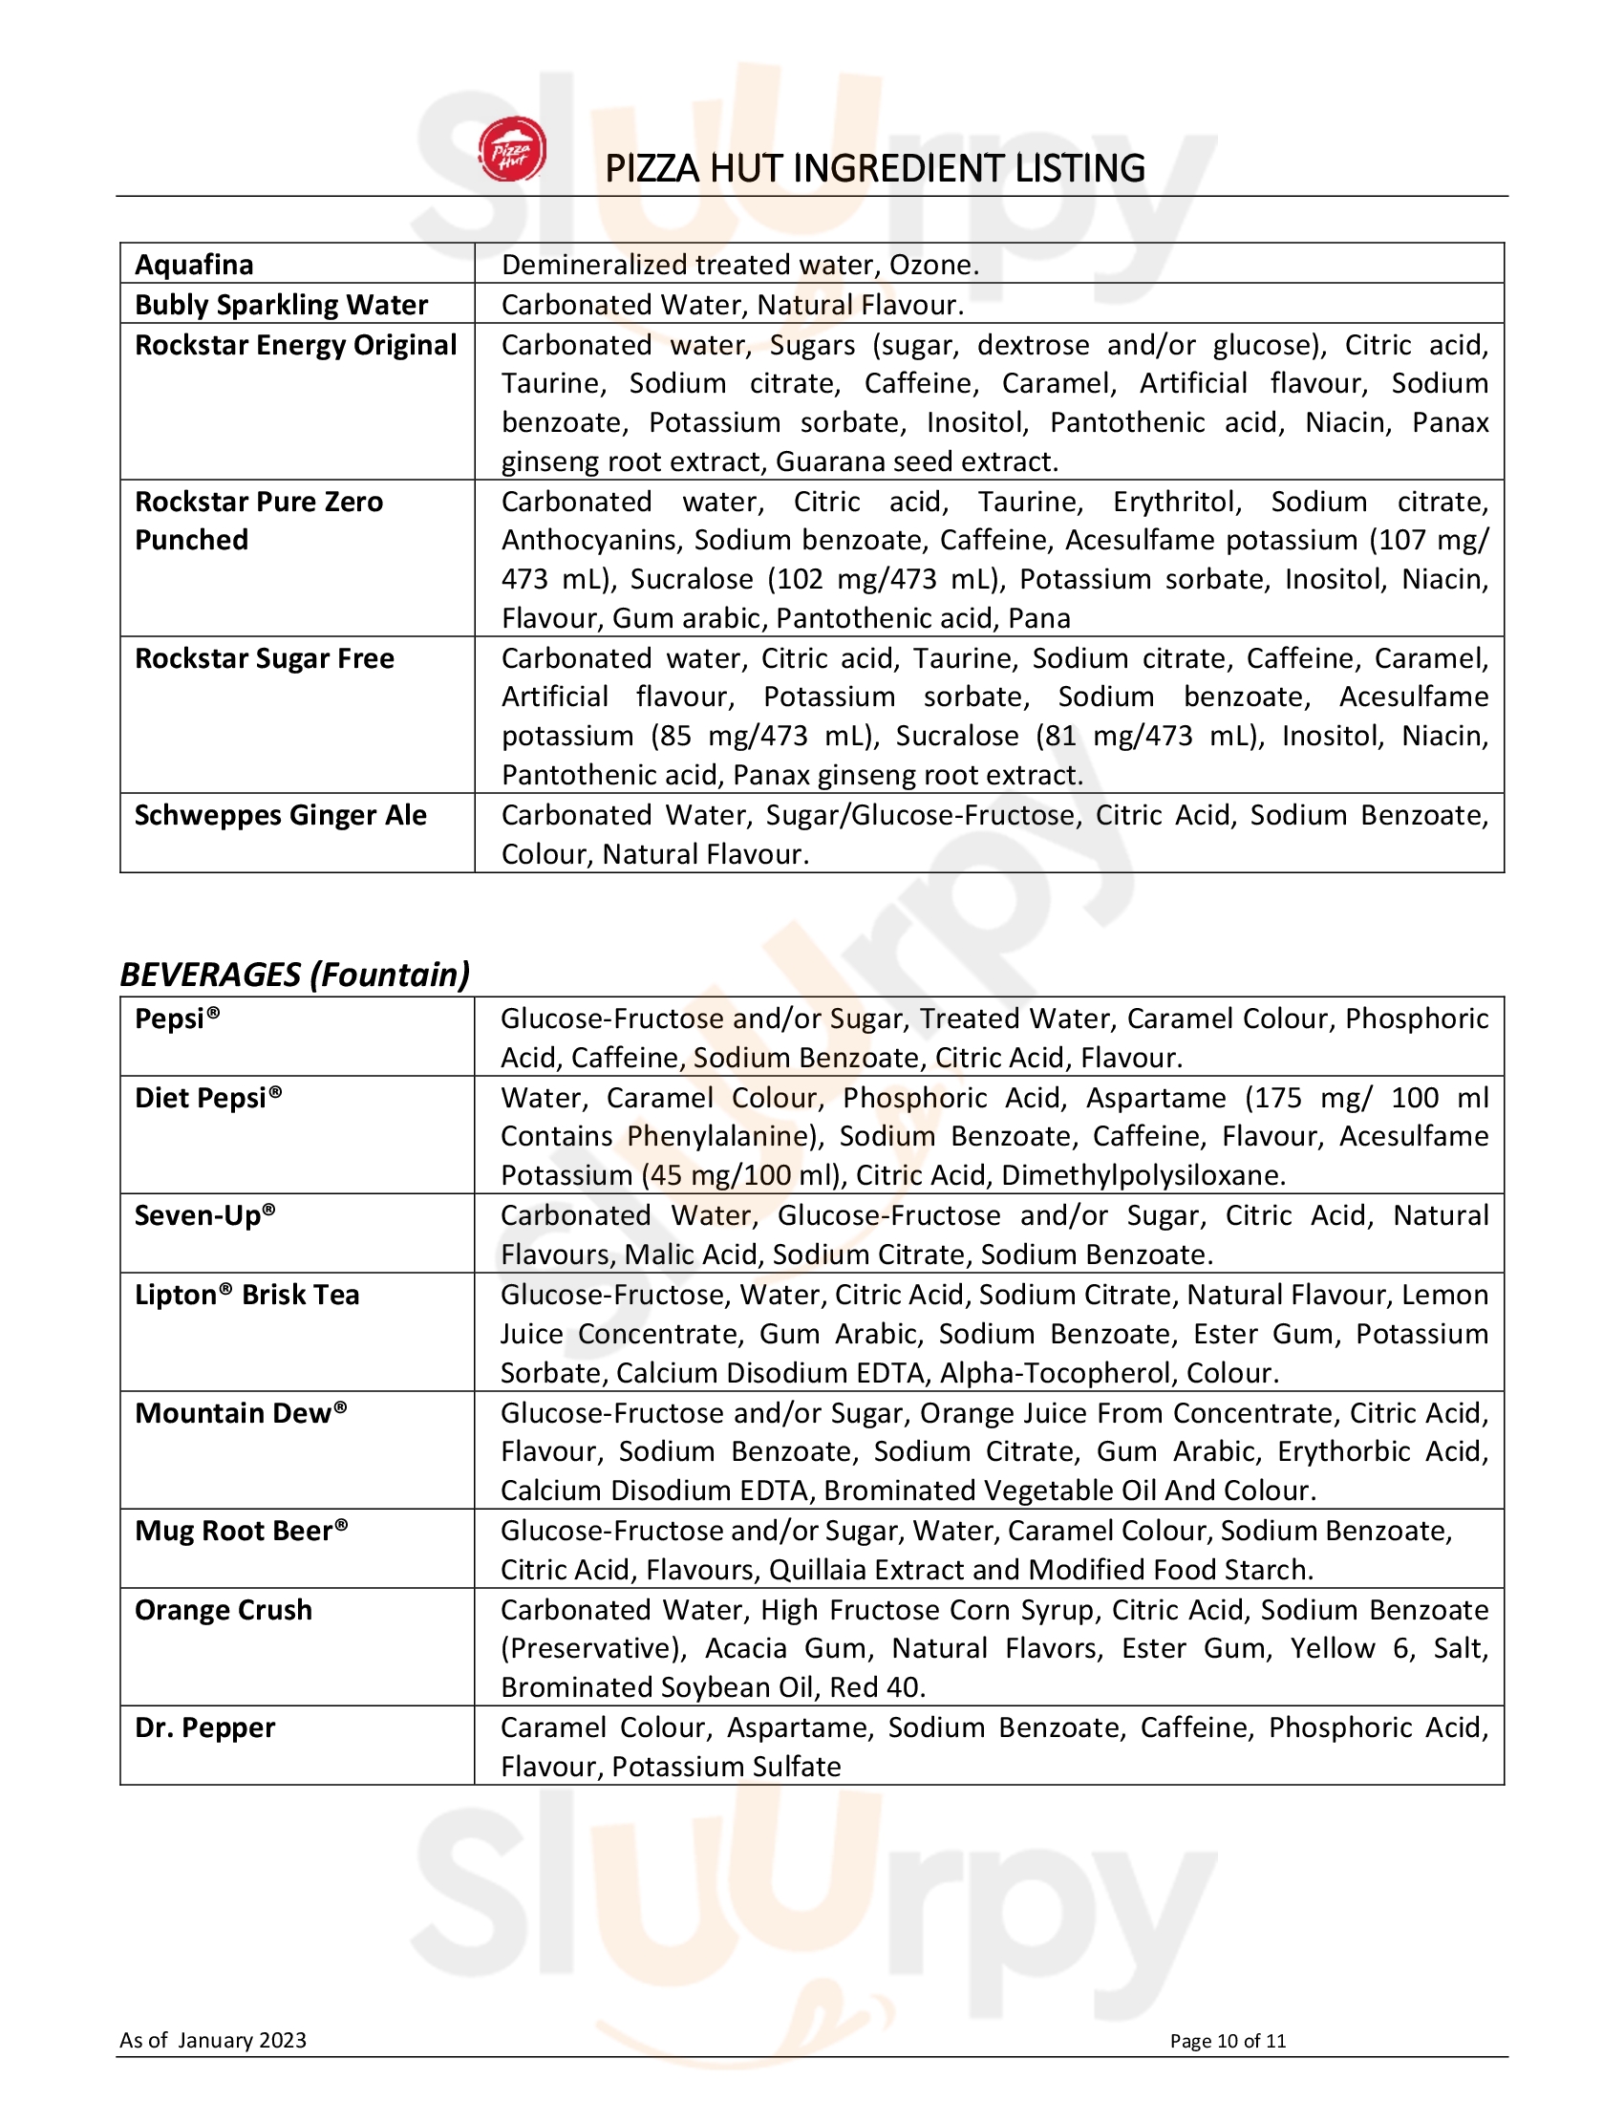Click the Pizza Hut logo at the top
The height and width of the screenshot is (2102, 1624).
click(513, 150)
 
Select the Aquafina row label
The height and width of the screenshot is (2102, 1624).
click(194, 265)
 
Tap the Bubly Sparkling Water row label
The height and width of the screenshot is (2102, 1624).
click(281, 305)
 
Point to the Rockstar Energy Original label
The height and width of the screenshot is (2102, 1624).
click(295, 346)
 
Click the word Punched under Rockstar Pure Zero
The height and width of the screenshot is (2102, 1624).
click(191, 541)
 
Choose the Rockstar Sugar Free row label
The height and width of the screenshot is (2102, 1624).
click(265, 659)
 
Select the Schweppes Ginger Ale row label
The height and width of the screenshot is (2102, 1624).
click(280, 816)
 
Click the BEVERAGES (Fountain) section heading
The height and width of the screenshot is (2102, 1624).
click(294, 975)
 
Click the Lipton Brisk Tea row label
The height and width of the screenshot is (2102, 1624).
click(246, 1296)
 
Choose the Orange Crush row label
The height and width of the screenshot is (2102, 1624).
click(224, 1610)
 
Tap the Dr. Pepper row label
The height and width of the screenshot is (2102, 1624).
click(205, 1728)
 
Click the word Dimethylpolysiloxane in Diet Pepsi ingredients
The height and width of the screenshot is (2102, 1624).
click(1143, 1176)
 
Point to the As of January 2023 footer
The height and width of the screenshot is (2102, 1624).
click(213, 2041)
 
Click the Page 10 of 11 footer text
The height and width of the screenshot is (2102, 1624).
click(1228, 2042)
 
